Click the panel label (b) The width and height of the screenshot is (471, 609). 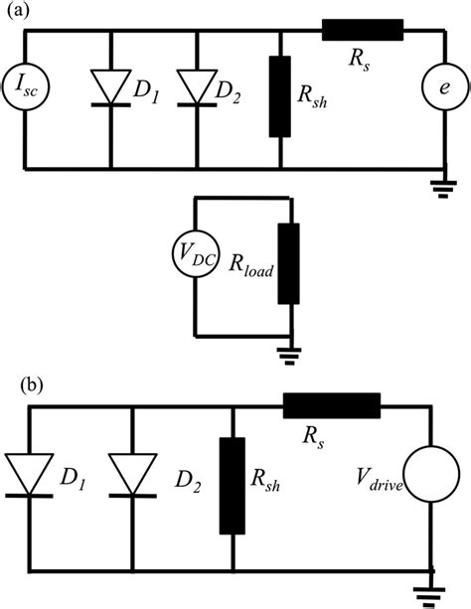point(16,382)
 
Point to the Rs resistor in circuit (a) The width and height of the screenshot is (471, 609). point(362,31)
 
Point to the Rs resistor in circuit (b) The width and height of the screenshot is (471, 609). point(332,405)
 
